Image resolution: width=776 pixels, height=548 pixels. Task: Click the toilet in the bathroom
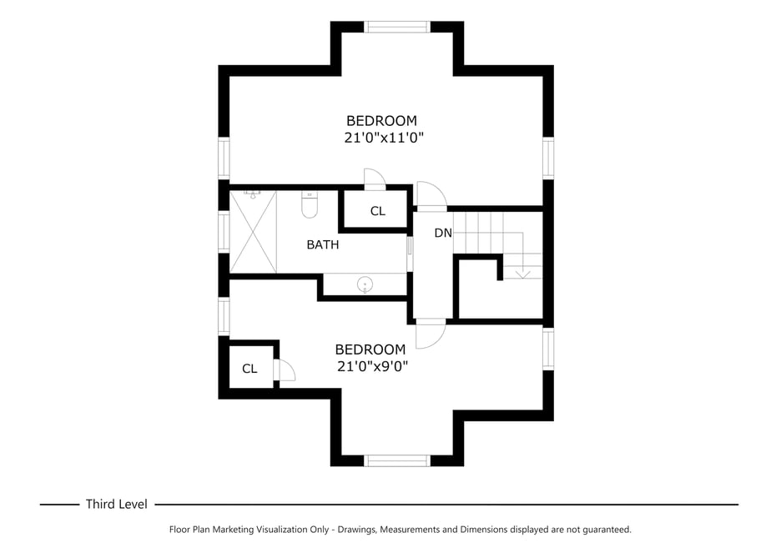coord(310,204)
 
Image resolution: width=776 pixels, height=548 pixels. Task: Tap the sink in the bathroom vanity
coord(365,285)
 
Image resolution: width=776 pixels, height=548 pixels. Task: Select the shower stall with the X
coord(253,231)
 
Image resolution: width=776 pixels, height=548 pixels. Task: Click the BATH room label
coord(323,244)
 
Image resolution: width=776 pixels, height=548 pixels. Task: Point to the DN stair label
coord(442,233)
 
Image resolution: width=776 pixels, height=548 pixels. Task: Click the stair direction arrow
coord(523,270)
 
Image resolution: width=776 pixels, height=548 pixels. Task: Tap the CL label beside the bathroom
coord(377,211)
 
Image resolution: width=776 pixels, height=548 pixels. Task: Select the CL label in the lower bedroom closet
coord(249,369)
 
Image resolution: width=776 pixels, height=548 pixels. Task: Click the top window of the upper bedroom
coord(398,27)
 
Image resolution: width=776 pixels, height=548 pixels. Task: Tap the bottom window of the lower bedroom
coord(397,460)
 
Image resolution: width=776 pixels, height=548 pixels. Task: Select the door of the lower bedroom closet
coord(285,370)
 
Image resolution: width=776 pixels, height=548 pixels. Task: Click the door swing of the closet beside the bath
coord(375,178)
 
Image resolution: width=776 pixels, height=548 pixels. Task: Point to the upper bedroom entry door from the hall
coord(431,195)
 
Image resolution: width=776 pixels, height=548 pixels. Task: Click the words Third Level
coord(116,504)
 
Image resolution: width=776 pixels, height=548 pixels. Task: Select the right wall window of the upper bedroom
coord(548,158)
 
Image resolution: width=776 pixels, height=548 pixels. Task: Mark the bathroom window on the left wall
coord(223,232)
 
